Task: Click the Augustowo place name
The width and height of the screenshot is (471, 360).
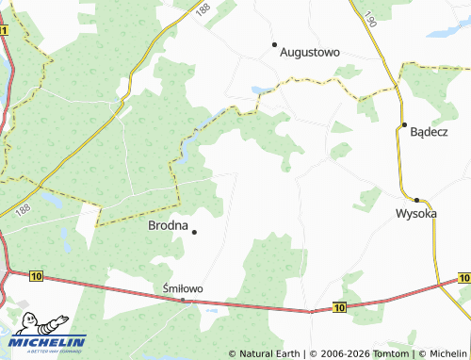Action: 310,53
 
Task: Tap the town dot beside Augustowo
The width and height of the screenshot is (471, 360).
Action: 274,44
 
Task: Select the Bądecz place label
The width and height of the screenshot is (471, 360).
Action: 430,133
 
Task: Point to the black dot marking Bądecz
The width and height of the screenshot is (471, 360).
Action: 403,124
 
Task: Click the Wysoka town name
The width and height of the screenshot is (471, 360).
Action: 415,214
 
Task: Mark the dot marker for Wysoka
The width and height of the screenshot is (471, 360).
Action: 416,200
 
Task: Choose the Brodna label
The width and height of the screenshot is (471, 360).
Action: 168,225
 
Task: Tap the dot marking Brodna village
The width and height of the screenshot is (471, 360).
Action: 194,232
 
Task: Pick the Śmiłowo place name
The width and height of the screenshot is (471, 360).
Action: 184,288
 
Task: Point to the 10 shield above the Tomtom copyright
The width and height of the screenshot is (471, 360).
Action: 340,307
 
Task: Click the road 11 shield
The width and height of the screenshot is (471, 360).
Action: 4,31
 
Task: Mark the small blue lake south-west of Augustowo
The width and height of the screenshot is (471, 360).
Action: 256,91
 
